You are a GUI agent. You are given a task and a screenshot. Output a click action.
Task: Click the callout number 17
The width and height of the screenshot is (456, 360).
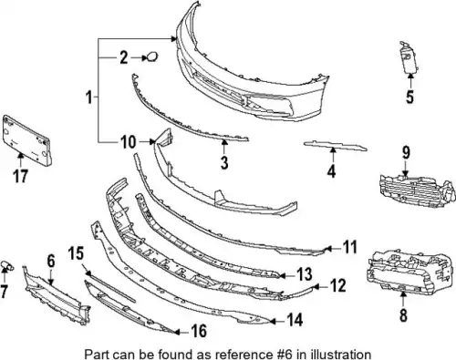(20, 177)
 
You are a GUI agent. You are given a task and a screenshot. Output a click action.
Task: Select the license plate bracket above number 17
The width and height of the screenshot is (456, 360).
(26, 139)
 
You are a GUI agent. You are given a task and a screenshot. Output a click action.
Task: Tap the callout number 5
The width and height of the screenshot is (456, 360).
(410, 97)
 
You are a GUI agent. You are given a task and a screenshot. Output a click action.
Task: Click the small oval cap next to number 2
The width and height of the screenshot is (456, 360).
(152, 57)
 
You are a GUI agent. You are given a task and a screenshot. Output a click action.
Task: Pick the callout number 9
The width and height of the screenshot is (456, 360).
(407, 153)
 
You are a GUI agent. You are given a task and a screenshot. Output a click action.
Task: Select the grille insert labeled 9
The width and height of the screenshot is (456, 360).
(417, 190)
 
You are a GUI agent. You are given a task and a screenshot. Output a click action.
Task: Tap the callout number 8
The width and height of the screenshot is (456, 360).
(403, 315)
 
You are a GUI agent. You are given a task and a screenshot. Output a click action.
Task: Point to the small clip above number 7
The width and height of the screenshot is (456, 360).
(6, 265)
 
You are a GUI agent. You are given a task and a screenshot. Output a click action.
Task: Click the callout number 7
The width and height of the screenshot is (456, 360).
(4, 292)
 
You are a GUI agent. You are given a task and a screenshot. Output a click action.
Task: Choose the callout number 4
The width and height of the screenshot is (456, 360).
(331, 170)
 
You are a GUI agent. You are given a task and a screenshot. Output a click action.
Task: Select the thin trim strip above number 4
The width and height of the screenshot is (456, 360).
(336, 146)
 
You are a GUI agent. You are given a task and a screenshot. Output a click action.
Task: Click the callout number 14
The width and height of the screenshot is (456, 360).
(295, 320)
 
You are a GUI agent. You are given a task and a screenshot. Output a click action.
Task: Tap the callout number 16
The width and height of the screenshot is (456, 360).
(198, 331)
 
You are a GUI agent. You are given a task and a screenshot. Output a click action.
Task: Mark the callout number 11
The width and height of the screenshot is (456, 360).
(349, 247)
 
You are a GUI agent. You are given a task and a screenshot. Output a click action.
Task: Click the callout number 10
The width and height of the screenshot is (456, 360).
(128, 142)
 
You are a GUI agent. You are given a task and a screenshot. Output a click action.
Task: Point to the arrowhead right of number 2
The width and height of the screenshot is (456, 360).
(144, 57)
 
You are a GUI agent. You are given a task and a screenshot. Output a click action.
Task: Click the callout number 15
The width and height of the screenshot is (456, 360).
(76, 253)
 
